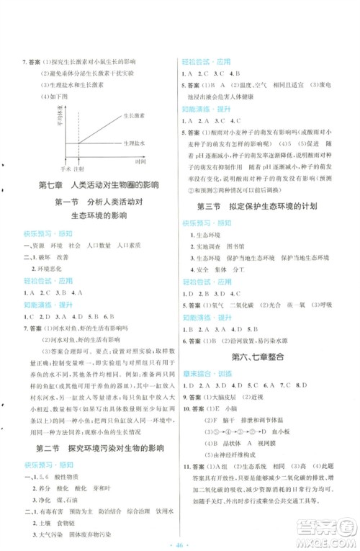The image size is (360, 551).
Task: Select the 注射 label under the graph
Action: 78,168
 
